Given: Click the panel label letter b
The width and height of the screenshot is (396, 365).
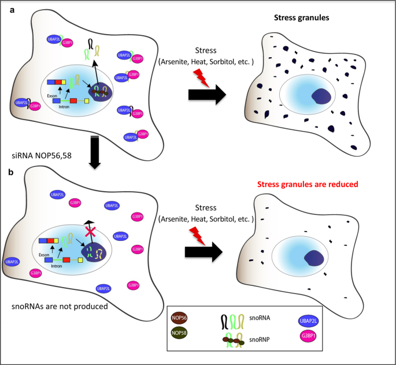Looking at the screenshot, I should point(5,172).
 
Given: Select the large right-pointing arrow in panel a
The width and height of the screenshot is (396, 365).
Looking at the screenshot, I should point(206,95).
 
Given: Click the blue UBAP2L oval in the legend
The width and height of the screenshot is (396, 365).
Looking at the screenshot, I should point(310,321).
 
